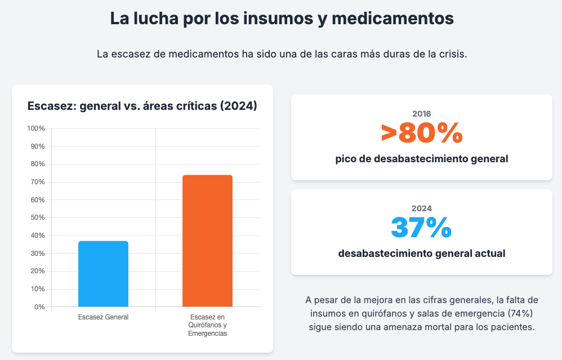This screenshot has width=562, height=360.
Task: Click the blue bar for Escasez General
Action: (x=103, y=274)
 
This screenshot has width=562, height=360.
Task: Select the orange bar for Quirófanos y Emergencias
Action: (x=207, y=241)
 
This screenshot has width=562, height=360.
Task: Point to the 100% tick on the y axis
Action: (x=35, y=128)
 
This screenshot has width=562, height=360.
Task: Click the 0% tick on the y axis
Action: (x=39, y=307)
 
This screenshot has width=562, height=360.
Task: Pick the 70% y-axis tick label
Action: (x=37, y=182)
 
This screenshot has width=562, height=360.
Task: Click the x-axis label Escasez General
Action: (x=103, y=317)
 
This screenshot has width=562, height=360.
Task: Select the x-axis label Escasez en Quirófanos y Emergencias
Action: (x=207, y=325)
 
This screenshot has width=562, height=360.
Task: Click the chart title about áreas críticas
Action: (x=142, y=105)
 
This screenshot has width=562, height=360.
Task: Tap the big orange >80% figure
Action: (x=421, y=133)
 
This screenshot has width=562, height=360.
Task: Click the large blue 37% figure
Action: (x=421, y=228)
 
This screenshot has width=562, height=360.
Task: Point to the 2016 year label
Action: (x=421, y=114)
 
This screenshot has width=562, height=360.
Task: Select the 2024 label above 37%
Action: (x=421, y=208)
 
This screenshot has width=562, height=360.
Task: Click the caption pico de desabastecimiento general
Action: (x=421, y=159)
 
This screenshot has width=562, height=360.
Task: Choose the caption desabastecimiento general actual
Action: (x=421, y=254)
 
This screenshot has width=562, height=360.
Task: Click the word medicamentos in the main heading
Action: (x=393, y=18)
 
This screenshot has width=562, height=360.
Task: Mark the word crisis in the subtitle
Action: (x=451, y=54)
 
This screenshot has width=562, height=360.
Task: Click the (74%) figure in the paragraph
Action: (x=521, y=313)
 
